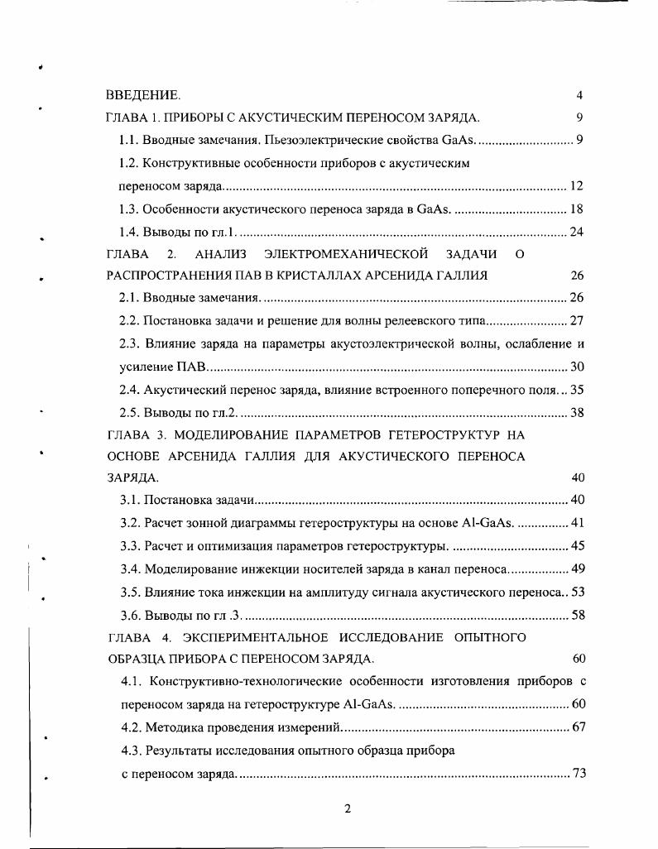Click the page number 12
point(578,186)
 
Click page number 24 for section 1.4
point(578,232)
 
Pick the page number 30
point(578,366)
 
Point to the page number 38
point(578,411)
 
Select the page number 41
point(578,523)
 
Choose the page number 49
point(578,568)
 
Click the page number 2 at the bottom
point(348,809)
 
